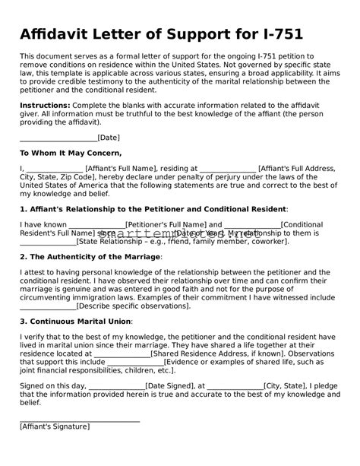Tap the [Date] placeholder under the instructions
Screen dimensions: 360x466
pyautogui.click(x=109, y=138)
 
